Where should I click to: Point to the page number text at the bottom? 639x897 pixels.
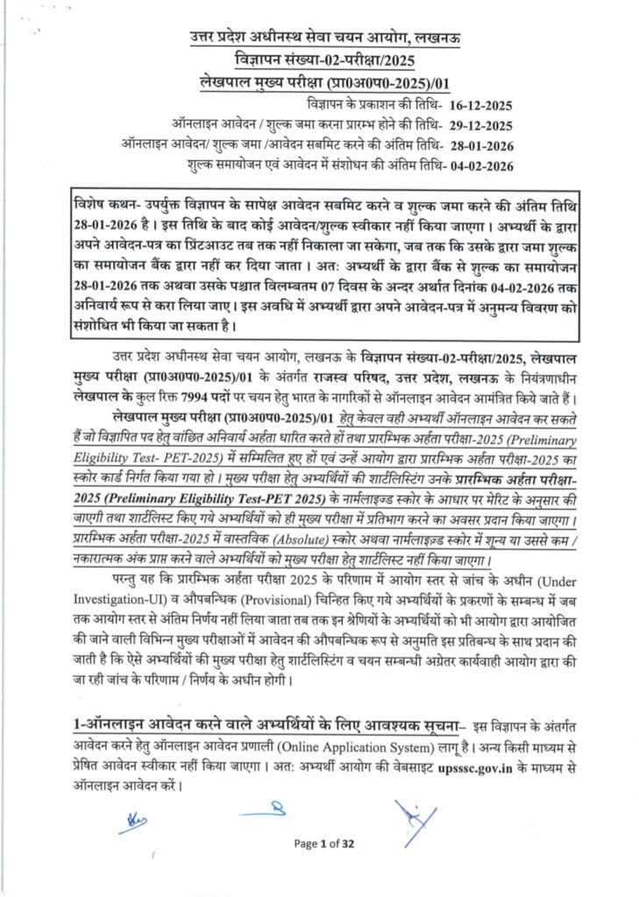tap(323, 844)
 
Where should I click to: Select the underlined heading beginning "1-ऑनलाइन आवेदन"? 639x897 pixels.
tap(266, 726)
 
